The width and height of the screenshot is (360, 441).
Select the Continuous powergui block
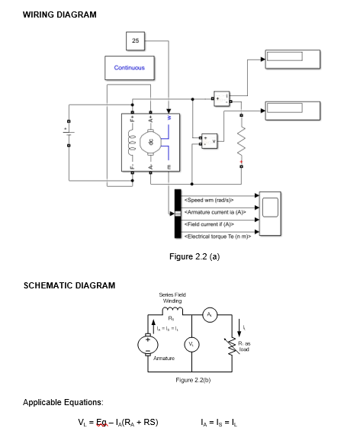(129, 68)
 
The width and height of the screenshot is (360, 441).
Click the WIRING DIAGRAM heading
(59, 15)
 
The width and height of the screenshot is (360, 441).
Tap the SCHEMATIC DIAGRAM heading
(69, 285)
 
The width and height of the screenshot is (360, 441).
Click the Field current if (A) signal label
(209, 224)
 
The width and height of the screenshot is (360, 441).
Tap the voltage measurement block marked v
(207, 142)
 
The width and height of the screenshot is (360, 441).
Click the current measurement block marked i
(221, 98)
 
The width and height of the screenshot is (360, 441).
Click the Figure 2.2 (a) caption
(194, 256)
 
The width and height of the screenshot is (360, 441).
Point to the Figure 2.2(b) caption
(192, 379)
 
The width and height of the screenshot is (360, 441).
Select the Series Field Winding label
(171, 298)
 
